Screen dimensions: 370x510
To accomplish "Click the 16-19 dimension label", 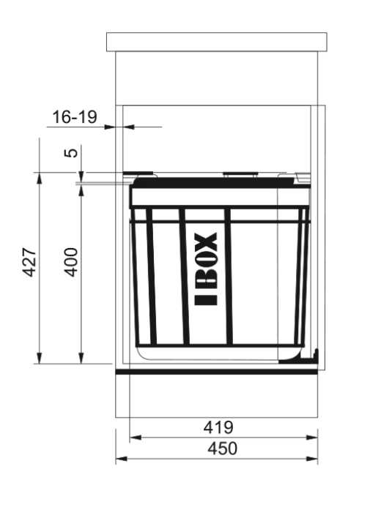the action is point(75,117).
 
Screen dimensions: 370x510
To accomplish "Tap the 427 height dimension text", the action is point(29,263).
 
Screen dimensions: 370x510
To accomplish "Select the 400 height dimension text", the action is point(70,263).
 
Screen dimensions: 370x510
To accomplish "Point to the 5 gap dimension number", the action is point(72,152).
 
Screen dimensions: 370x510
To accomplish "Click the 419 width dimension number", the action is point(218,427).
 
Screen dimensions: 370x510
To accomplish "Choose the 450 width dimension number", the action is point(223,449).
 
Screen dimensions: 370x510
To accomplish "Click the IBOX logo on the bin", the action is point(206,269).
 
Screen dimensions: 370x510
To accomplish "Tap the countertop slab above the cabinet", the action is point(217,42).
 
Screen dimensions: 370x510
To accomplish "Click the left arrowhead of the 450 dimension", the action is point(121,459).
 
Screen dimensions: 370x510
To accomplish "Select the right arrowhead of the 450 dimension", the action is point(312,459).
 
